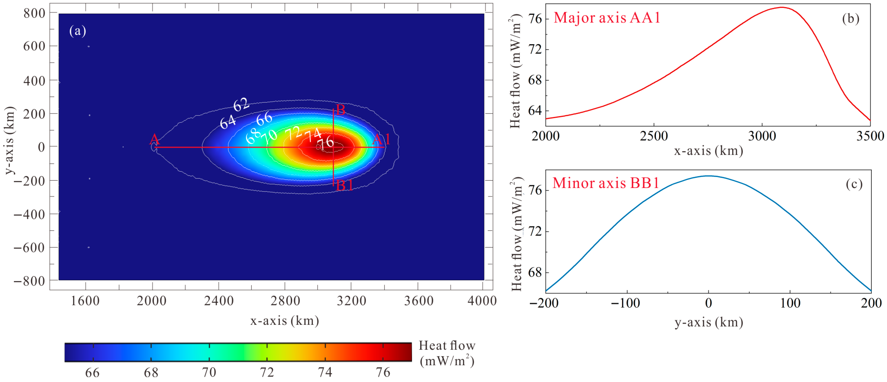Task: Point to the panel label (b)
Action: click(851, 18)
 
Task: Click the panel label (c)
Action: click(854, 184)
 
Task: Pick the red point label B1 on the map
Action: click(344, 186)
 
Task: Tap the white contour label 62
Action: click(241, 104)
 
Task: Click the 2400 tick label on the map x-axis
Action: click(219, 301)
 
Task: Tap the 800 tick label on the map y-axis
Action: click(34, 13)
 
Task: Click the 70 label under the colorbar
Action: click(209, 373)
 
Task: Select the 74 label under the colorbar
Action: click(325, 373)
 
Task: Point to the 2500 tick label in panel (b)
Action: click(654, 136)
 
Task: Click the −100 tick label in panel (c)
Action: click(626, 303)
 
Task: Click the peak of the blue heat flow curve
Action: click(708, 176)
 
